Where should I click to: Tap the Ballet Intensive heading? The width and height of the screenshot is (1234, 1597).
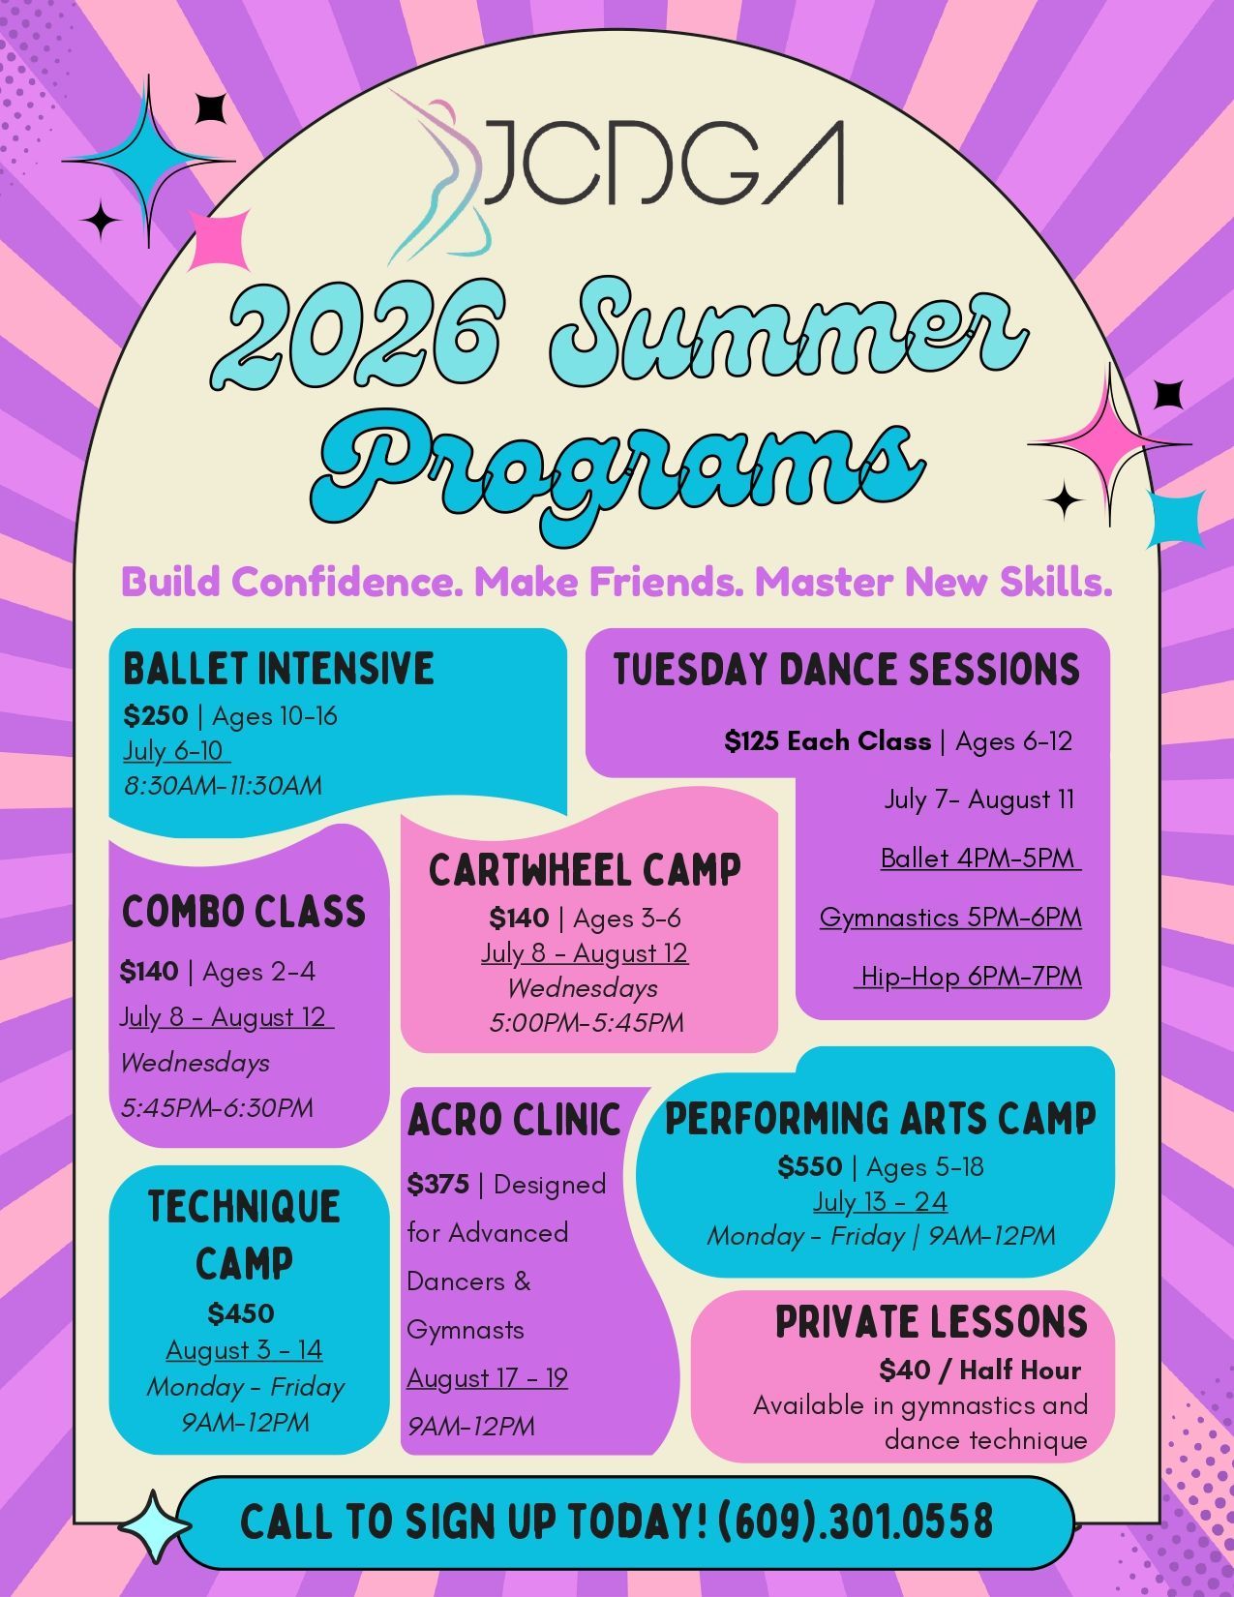tap(279, 669)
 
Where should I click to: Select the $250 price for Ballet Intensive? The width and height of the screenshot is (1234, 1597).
tap(156, 716)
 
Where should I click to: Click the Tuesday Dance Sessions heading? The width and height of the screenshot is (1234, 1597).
tap(846, 670)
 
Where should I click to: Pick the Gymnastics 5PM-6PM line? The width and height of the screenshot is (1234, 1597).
tap(950, 917)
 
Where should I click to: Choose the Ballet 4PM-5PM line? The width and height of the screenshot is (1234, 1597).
tap(979, 858)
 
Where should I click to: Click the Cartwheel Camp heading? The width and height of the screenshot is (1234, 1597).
tap(585, 870)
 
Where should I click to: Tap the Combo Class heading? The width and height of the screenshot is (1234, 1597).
tap(244, 912)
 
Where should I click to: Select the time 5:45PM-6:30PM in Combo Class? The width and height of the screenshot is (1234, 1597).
tap(217, 1107)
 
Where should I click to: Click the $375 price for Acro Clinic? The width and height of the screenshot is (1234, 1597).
tap(438, 1184)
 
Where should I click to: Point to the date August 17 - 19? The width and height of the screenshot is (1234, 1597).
tap(487, 1377)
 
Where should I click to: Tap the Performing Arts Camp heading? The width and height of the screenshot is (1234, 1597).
tap(880, 1119)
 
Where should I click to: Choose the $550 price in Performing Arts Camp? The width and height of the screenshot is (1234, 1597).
tap(810, 1166)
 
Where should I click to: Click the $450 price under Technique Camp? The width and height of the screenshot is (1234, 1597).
tap(241, 1313)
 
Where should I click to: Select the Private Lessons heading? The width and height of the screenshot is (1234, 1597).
tap(931, 1322)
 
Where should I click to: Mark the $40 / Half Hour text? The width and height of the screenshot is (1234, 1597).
tap(979, 1370)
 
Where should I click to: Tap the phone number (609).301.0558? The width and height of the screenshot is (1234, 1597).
tap(856, 1522)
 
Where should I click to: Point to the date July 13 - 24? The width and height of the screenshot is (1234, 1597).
tap(880, 1201)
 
